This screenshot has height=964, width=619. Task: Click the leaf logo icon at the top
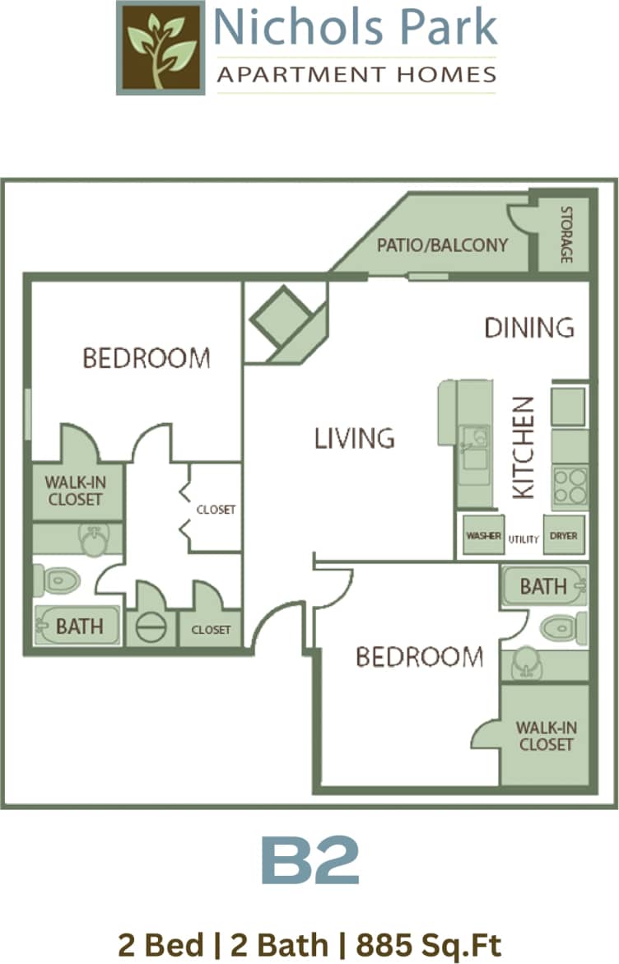point(161,48)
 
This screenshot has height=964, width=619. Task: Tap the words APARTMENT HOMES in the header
point(356,76)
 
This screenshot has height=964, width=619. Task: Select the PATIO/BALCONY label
point(442,245)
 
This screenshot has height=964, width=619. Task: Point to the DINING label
point(528,328)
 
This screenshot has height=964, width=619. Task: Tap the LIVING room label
point(354,438)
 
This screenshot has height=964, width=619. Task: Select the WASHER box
point(483,536)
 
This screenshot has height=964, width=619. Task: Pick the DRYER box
point(564,536)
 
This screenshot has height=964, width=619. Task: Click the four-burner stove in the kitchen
point(570,487)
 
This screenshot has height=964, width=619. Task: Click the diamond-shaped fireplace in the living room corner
point(281,316)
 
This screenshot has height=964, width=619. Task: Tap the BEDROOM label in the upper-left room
point(147,358)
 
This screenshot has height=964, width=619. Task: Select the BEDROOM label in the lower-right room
point(419,657)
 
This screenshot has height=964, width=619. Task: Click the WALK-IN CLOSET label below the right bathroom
point(544,736)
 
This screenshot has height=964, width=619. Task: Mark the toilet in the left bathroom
point(58,580)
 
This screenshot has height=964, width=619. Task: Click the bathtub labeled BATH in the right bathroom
point(543,586)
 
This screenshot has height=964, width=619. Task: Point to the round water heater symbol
point(151,628)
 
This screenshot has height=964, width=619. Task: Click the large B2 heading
point(309,861)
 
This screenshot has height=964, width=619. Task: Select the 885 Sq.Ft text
point(429,945)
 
